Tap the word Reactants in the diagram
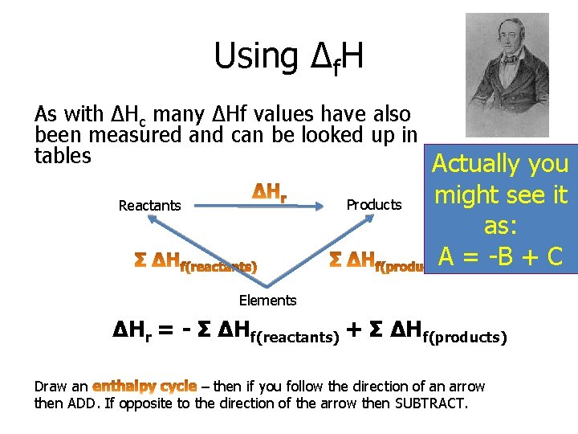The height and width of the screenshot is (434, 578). click(x=149, y=206)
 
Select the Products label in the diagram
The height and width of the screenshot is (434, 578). click(x=373, y=205)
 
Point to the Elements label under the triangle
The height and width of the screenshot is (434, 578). click(x=267, y=301)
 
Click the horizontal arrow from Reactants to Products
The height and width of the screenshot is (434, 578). click(x=257, y=206)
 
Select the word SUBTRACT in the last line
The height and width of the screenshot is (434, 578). click(x=429, y=403)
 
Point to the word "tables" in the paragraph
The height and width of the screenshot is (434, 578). click(x=63, y=155)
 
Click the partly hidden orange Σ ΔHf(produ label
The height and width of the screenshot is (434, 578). click(x=377, y=260)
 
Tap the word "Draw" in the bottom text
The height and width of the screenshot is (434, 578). click(x=51, y=387)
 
